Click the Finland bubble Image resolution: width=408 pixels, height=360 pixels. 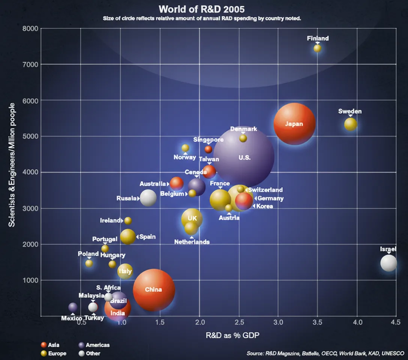tap(318, 48)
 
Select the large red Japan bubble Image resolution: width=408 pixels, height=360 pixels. tap(294, 124)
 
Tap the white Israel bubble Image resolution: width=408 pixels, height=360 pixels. tap(388, 263)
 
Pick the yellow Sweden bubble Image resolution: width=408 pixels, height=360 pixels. tap(351, 124)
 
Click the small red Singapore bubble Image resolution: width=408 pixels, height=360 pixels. tap(208, 149)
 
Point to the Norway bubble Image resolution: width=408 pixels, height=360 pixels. tap(185, 148)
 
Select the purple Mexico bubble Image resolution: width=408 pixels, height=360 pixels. tap(73, 307)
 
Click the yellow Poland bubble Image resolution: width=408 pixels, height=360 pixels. tap(89, 263)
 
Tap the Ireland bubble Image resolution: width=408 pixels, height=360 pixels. tap(128, 220)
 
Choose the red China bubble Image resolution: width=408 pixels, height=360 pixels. tap(154, 289)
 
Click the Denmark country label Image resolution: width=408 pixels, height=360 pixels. tap(243, 129)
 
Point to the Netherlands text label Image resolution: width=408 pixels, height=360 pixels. tap(192, 242)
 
